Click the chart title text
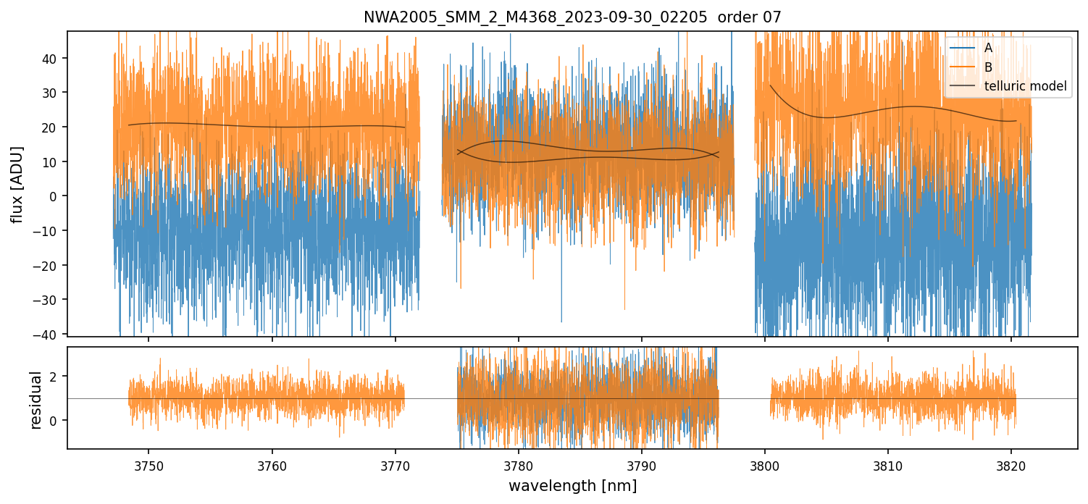click(x=572, y=17)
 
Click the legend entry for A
click(x=988, y=48)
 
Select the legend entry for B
click(x=988, y=67)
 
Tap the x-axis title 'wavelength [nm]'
click(x=572, y=485)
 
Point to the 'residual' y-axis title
click(x=35, y=400)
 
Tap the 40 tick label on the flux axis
click(x=53, y=58)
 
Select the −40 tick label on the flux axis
click(x=49, y=334)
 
